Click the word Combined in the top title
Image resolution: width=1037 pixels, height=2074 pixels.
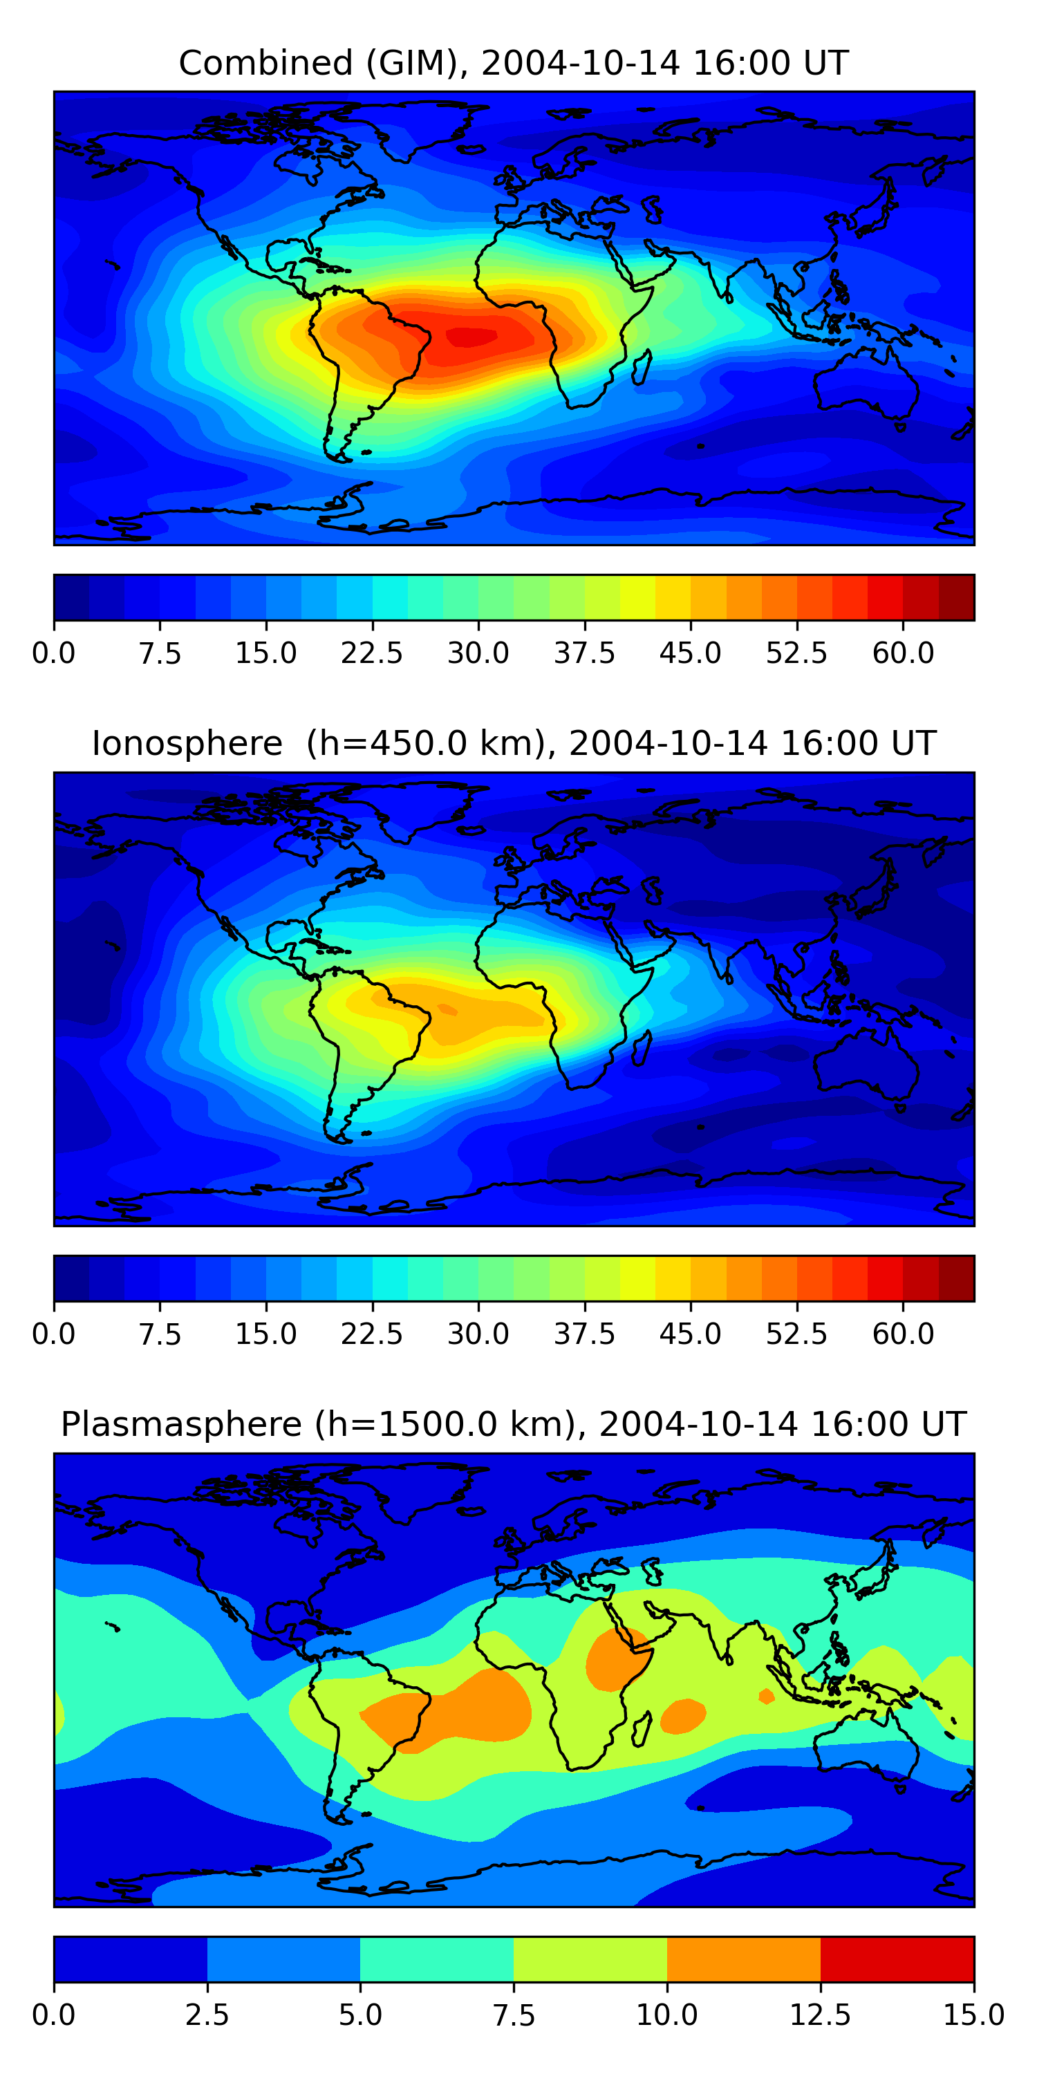pyautogui.click(x=265, y=63)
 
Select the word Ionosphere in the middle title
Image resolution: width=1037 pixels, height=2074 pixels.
pyautogui.click(x=187, y=743)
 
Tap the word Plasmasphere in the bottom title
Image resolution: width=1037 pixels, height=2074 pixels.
pyautogui.click(x=181, y=1424)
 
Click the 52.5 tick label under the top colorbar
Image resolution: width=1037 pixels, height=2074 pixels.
pyautogui.click(x=796, y=653)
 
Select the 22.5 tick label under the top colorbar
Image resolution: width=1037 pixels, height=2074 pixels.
pyautogui.click(x=372, y=653)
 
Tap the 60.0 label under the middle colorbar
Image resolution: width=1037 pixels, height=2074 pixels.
pyautogui.click(x=903, y=1334)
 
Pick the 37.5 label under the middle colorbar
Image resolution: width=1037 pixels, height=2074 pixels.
pyautogui.click(x=584, y=1334)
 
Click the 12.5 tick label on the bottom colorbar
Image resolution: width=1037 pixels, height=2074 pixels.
pyautogui.click(x=820, y=2015)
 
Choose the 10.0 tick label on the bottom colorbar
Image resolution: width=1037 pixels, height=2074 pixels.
pyautogui.click(x=666, y=2015)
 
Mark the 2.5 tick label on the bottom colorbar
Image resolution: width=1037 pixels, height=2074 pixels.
pyautogui.click(x=207, y=2015)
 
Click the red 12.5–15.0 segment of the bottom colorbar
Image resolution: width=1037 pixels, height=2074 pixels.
pyautogui.click(x=897, y=1959)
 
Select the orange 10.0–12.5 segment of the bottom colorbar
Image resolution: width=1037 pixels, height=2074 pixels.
pyautogui.click(x=743, y=1959)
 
